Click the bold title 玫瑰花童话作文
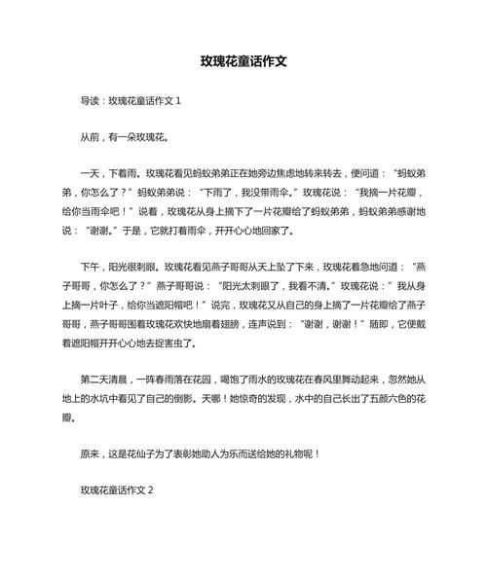pyautogui.click(x=243, y=60)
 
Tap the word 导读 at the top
pyautogui.click(x=92, y=100)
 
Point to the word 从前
pyautogui.click(x=92, y=138)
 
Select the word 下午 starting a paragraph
pyautogui.click(x=92, y=269)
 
